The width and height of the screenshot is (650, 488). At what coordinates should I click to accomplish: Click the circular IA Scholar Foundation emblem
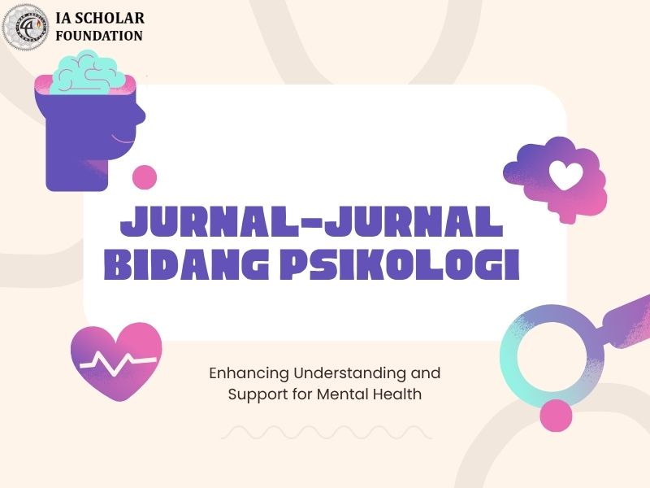[x=26, y=26]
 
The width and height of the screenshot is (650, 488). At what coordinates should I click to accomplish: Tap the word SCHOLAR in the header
[x=110, y=18]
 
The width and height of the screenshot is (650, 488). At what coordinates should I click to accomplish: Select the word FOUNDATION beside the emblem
[x=99, y=36]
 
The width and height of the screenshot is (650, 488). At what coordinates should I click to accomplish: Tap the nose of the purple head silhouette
[x=141, y=113]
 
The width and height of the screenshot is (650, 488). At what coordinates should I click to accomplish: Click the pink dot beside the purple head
[x=145, y=177]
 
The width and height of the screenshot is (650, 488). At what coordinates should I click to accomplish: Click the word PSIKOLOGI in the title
[x=400, y=264]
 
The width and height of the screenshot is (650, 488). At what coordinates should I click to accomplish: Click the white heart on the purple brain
[x=566, y=175]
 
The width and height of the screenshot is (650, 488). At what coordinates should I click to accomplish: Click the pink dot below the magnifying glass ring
[x=556, y=416]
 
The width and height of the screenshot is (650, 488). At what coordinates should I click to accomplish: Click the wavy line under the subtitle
[x=327, y=433]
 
